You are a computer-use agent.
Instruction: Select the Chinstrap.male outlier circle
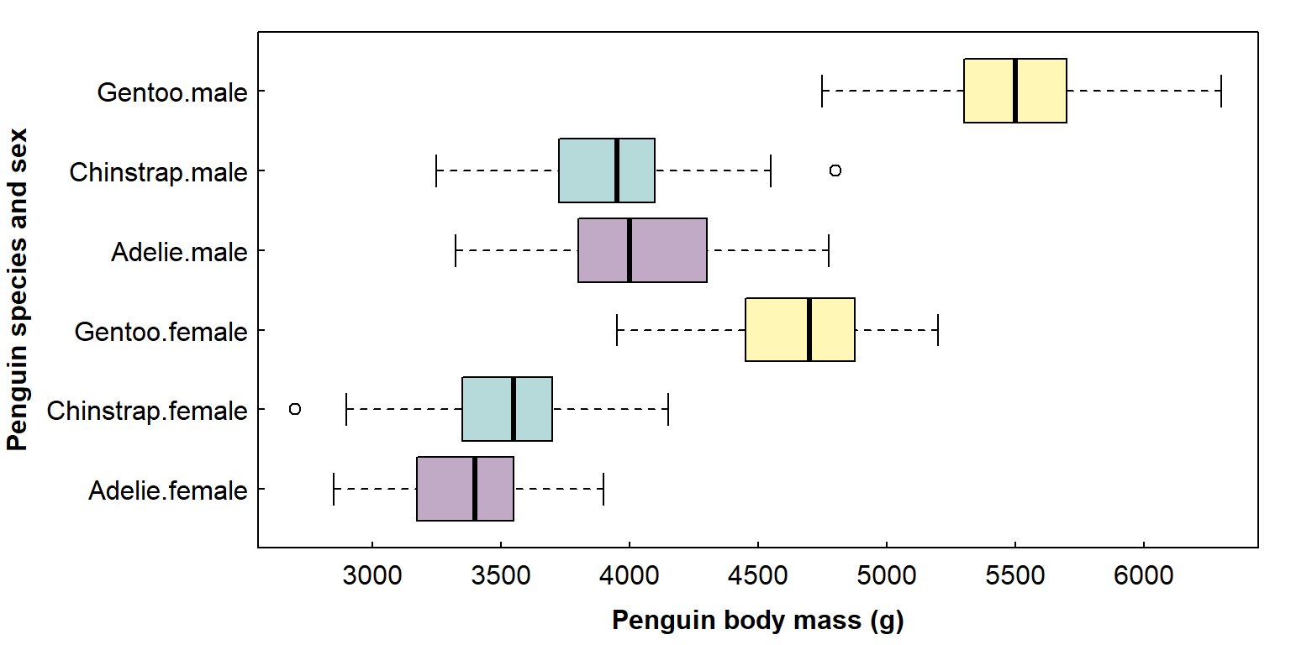point(835,170)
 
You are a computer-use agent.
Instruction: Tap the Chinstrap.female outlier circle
point(295,409)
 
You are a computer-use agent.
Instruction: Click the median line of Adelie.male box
point(630,250)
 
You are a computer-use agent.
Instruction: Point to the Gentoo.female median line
point(809,330)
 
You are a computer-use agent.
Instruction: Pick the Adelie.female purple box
point(445,489)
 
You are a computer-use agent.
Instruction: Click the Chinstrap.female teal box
point(487,409)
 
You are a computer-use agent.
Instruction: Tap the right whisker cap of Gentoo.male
point(1220,91)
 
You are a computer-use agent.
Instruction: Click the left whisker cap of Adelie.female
point(334,489)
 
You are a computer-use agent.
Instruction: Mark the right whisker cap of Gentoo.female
point(937,330)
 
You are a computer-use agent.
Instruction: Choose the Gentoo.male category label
point(172,92)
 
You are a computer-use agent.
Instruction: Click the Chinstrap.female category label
point(147,411)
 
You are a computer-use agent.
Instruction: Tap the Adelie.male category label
point(179,251)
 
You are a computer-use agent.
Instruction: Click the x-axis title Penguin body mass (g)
point(757,621)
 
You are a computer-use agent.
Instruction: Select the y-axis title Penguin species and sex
point(18,290)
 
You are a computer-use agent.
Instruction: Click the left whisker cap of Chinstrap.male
point(436,170)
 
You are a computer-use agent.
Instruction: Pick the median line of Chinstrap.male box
point(617,170)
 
